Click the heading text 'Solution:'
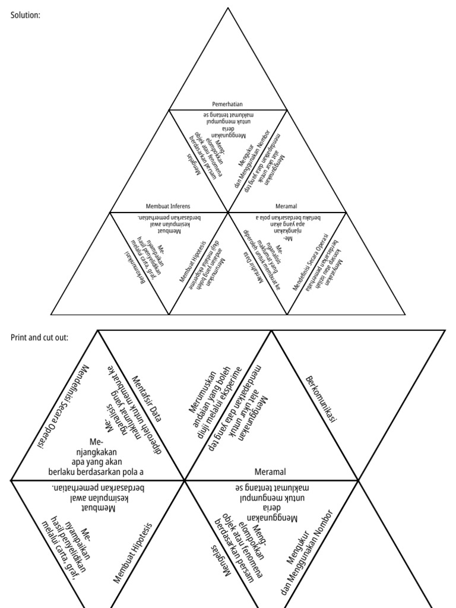[x=26, y=15]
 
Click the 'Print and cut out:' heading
[x=39, y=337]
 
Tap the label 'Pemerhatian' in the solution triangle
[x=227, y=104]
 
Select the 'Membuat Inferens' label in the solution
[x=168, y=206]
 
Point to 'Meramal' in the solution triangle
[x=286, y=206]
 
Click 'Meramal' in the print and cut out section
[x=270, y=471]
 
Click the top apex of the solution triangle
[x=227, y=8]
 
